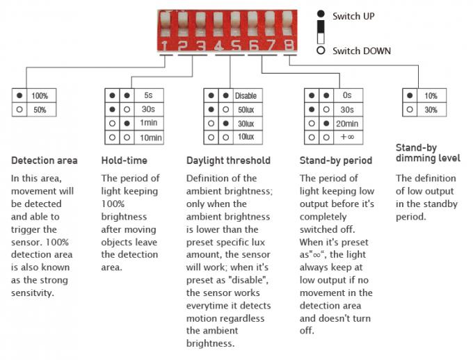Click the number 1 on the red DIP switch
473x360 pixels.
[x=164, y=46]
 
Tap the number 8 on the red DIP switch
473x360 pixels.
[x=289, y=46]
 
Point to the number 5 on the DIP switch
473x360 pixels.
[x=236, y=46]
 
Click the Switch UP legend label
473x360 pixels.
[x=353, y=16]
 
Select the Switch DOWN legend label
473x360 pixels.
[x=362, y=51]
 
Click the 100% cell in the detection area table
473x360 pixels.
[x=40, y=96]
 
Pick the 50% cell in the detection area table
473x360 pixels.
[x=40, y=110]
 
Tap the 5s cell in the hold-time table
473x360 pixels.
[x=148, y=95]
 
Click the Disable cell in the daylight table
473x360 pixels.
[x=246, y=96]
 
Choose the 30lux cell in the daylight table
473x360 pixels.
[x=246, y=124]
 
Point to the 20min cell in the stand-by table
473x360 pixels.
[x=347, y=124]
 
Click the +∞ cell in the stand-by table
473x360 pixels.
[x=347, y=137]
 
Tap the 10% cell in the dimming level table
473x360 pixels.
[x=431, y=96]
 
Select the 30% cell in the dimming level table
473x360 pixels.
[x=431, y=110]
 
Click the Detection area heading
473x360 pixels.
[x=45, y=161]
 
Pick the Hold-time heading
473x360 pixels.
[x=125, y=161]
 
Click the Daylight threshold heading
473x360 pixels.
[x=228, y=161]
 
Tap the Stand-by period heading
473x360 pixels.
[x=336, y=161]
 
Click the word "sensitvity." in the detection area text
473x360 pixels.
[x=33, y=293]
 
